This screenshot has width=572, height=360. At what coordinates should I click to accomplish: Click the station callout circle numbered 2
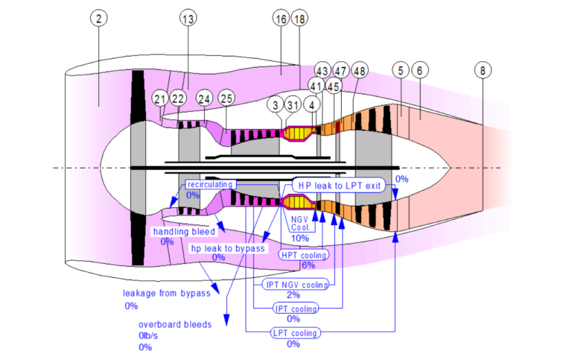[x=98, y=19]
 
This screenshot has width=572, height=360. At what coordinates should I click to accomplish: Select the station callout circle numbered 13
[x=189, y=19]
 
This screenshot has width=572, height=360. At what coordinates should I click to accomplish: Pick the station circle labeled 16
[x=281, y=19]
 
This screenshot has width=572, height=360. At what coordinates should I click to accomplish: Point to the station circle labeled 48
[x=360, y=71]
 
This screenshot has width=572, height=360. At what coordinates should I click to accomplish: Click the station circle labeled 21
[x=160, y=98]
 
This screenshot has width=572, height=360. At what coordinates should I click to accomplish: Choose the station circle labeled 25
[x=226, y=98]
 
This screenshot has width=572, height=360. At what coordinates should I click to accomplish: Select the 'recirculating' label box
[x=210, y=184]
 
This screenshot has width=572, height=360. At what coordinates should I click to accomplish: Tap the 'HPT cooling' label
[x=303, y=255]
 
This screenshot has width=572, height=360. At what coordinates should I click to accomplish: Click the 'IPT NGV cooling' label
[x=296, y=285]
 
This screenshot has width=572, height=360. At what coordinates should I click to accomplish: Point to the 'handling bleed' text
[x=184, y=232]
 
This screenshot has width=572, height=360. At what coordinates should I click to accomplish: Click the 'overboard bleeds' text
[x=175, y=325]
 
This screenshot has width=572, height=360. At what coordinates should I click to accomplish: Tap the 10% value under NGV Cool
[x=300, y=238]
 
